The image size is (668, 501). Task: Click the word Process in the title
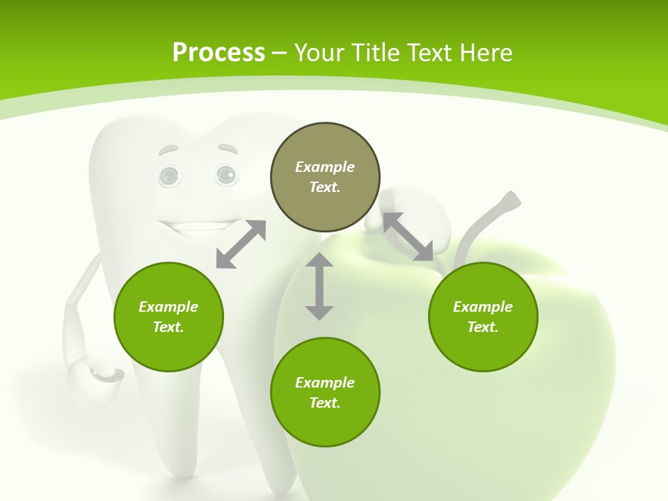pyautogui.click(x=218, y=53)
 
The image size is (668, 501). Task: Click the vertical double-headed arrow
pyautogui.click(x=319, y=286)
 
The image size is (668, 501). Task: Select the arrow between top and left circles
pyautogui.click(x=241, y=244)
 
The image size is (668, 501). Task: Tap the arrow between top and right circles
pyautogui.click(x=408, y=237)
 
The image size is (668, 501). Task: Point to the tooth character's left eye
pyautogui.click(x=168, y=176)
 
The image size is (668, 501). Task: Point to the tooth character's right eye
pyautogui.click(x=225, y=174)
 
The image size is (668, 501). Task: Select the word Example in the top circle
pyautogui.click(x=325, y=167)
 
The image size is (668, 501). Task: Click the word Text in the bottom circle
pyautogui.click(x=325, y=403)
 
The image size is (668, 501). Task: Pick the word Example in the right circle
pyautogui.click(x=483, y=307)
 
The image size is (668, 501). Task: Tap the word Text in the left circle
pyautogui.click(x=168, y=327)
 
